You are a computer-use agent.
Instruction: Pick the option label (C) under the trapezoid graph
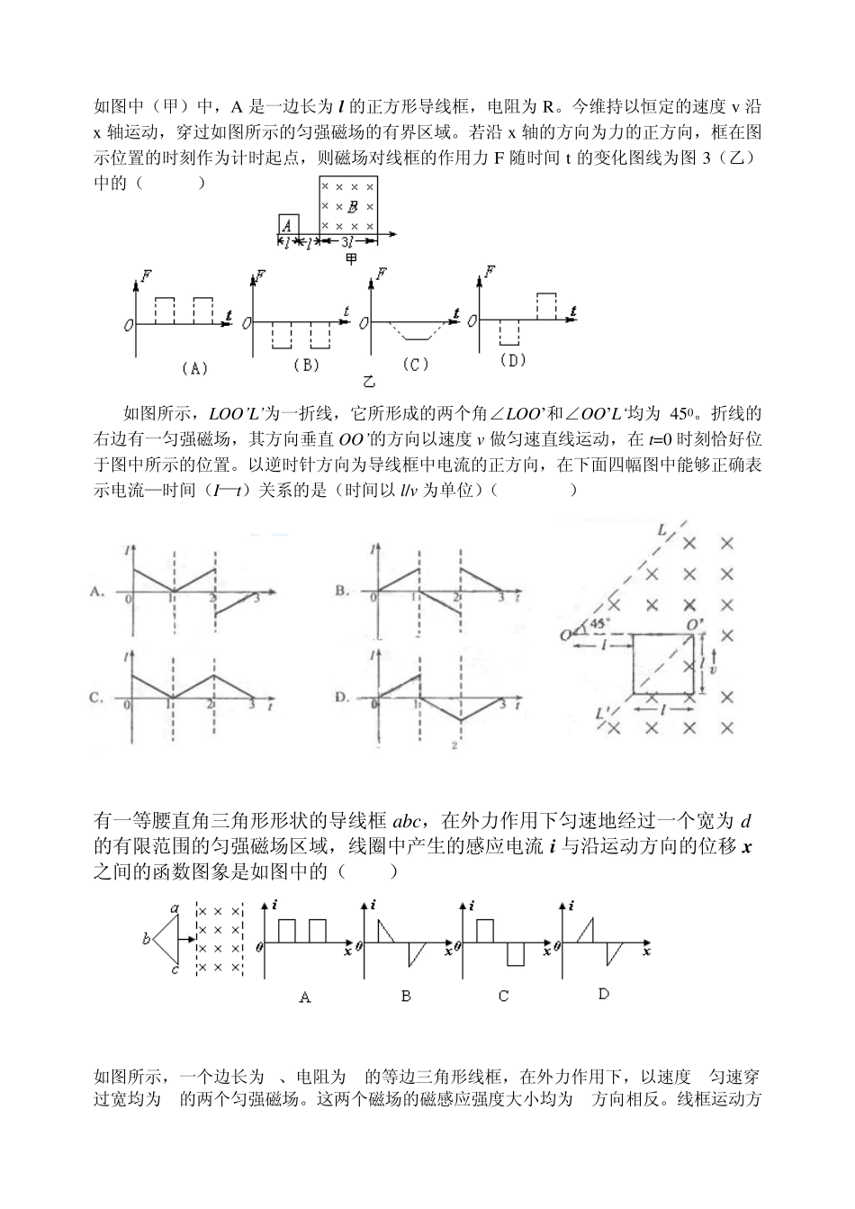416,364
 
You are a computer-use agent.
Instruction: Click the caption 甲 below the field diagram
352,259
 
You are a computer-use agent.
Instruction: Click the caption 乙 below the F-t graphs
369,382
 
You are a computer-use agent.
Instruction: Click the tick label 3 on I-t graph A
257,598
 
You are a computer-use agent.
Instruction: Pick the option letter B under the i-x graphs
406,997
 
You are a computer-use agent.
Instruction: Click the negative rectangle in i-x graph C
515,954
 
